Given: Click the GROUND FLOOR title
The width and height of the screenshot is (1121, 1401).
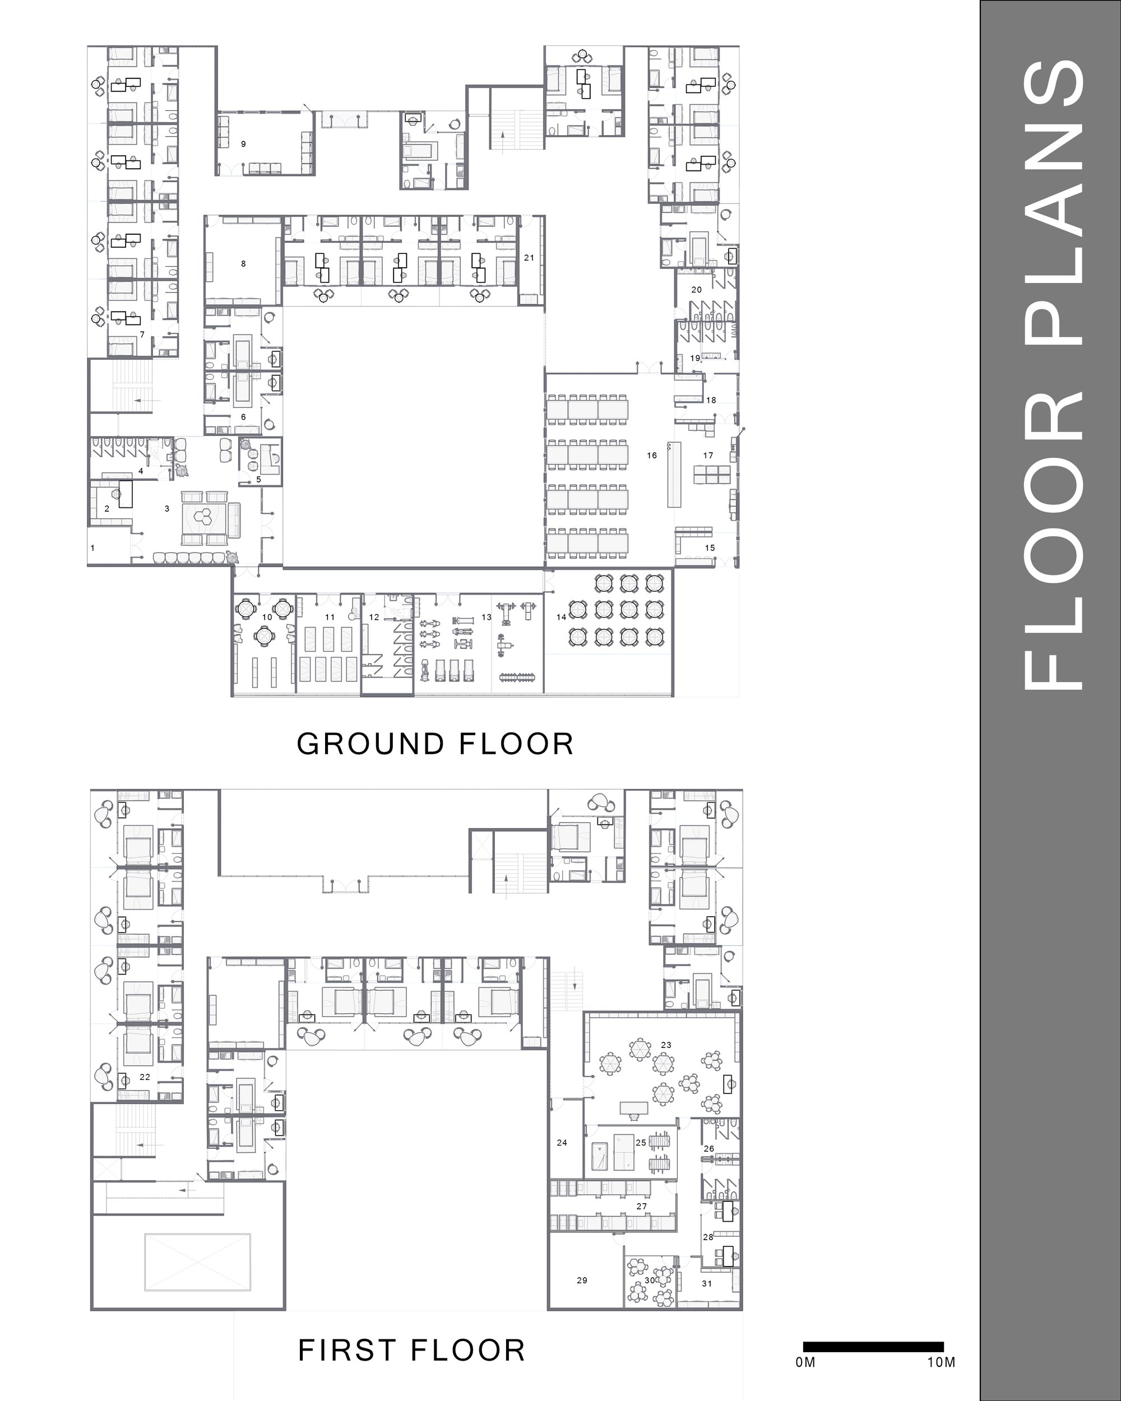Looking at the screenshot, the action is pos(436,744).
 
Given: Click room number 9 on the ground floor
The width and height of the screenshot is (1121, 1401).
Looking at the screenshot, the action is pos(244,143).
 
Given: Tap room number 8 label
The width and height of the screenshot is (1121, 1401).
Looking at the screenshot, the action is pos(244,264).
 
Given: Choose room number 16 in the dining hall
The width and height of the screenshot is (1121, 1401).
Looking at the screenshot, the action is pos(652,456).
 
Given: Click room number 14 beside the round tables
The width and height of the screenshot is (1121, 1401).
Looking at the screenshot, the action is pos(562,616).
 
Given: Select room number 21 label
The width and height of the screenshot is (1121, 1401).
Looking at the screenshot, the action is pos(529,258).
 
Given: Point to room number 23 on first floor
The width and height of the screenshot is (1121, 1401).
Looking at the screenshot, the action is pos(666,1045).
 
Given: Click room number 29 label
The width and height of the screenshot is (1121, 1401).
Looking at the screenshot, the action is pos(582,1280).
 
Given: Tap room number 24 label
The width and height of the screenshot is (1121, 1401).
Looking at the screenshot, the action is pos(562,1142).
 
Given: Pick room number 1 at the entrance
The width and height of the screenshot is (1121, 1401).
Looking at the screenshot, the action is pos(92,548).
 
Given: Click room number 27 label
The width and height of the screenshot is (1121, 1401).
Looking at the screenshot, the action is pos(641,1206).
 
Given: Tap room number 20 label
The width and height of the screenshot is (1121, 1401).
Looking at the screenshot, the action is pos(697,290).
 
